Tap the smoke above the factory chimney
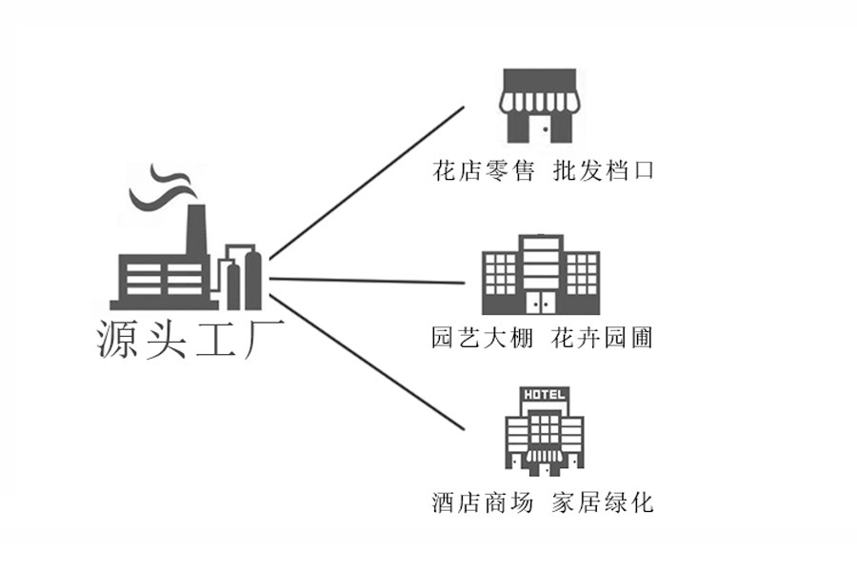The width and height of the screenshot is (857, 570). pyautogui.click(x=162, y=187)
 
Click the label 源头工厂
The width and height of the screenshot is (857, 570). pyautogui.click(x=190, y=339)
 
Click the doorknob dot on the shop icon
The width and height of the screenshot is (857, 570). pyautogui.click(x=546, y=129)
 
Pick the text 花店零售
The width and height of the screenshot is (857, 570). pyautogui.click(x=483, y=170)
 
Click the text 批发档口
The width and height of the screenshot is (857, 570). pyautogui.click(x=604, y=170)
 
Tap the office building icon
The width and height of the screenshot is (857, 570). pyautogui.click(x=541, y=275)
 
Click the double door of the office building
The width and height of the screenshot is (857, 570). pyautogui.click(x=541, y=302)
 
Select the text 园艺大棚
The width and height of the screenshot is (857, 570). pyautogui.click(x=482, y=338)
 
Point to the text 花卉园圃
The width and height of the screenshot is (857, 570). pyautogui.click(x=603, y=338)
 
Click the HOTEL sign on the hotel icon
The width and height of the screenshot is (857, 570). pyautogui.click(x=544, y=394)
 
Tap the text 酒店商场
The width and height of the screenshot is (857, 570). pyautogui.click(x=483, y=502)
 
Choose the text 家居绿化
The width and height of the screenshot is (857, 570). pyautogui.click(x=603, y=502)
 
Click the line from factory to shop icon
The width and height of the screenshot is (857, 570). pyautogui.click(x=367, y=183)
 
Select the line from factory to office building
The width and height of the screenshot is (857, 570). pyautogui.click(x=367, y=281)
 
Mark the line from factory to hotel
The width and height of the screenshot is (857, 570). pyautogui.click(x=367, y=363)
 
